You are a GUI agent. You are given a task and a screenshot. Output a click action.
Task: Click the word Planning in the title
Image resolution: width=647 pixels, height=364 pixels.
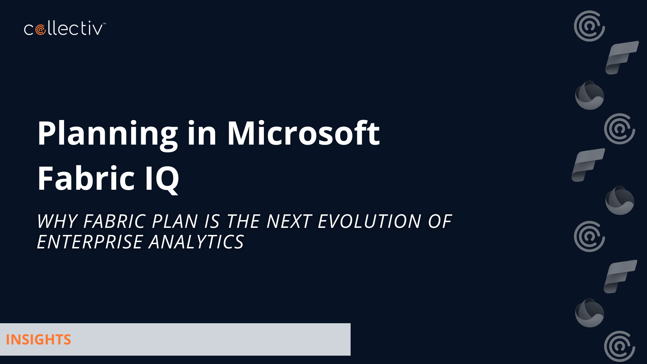click(x=107, y=134)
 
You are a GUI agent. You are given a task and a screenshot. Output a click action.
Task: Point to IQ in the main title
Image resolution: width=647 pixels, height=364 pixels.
click(x=162, y=179)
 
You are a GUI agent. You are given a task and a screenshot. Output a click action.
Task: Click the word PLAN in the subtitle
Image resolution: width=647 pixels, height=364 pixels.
click(x=175, y=221)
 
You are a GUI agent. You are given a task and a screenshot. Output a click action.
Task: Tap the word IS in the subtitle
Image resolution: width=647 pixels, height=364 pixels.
click(x=212, y=221)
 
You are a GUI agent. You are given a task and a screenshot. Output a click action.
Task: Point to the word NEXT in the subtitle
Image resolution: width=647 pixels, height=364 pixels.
click(x=289, y=221)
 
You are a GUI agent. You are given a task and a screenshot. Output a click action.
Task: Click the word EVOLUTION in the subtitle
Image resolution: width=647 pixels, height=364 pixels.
click(x=370, y=221)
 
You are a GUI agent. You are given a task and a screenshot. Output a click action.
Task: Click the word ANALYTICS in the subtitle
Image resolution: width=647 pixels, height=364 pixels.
click(x=196, y=242)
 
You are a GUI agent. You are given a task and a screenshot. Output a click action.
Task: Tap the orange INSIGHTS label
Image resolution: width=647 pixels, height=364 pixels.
click(x=38, y=340)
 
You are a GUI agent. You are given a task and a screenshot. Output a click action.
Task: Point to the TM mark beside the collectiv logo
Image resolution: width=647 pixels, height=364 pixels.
click(x=104, y=24)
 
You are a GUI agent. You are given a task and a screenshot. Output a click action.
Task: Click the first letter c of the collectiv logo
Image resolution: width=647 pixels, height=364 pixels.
click(x=29, y=30)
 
